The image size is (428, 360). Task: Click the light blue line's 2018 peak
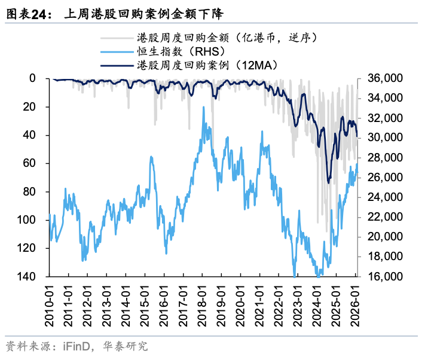[204, 108]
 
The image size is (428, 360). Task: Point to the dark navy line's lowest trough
[329, 183]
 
